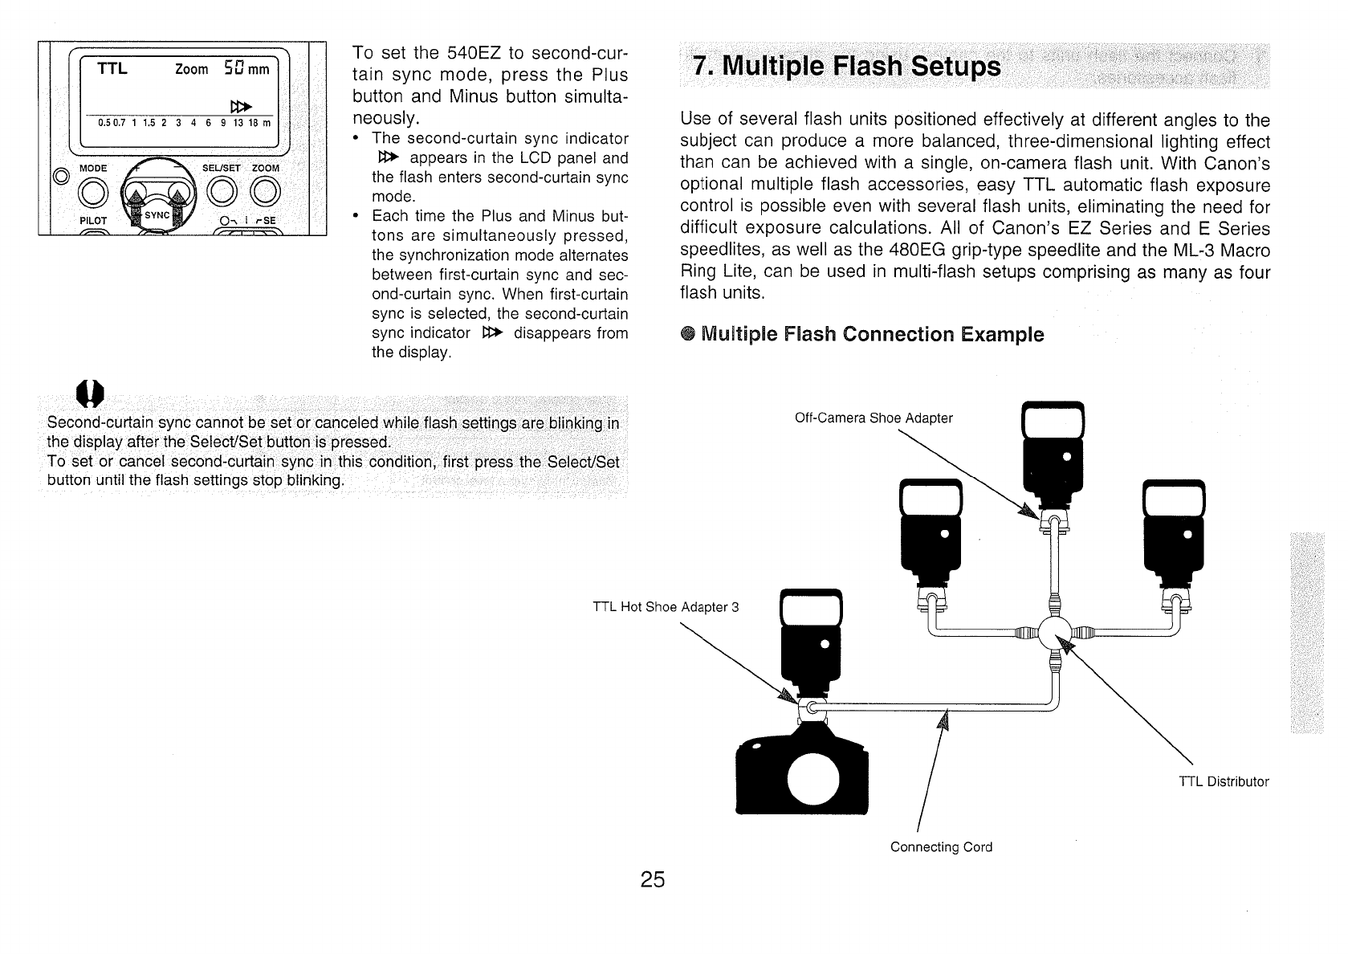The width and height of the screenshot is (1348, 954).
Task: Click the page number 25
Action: click(653, 880)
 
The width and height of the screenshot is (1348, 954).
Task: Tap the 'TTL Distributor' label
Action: click(1224, 781)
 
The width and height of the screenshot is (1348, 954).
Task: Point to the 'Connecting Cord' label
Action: click(941, 847)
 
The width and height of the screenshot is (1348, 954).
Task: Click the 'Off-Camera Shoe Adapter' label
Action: click(873, 418)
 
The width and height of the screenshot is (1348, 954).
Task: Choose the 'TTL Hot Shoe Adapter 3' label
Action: click(665, 606)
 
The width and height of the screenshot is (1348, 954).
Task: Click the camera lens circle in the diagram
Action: click(812, 778)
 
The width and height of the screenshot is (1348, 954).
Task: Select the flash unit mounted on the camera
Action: click(810, 634)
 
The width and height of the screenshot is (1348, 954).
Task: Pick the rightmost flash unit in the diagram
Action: click(1173, 526)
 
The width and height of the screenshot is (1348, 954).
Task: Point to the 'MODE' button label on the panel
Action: click(93, 168)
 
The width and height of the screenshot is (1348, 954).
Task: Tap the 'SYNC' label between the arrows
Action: click(157, 214)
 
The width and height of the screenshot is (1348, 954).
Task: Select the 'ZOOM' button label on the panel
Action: click(266, 168)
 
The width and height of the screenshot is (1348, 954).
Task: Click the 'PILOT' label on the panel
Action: click(93, 220)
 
